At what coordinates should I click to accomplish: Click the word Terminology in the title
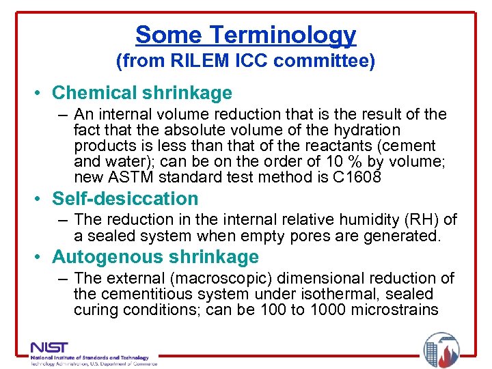(283, 35)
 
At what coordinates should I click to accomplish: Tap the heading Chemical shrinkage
(142, 93)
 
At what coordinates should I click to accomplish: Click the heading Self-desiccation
(125, 199)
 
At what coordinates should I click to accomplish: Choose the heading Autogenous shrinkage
(155, 257)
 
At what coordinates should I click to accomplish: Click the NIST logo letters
(50, 348)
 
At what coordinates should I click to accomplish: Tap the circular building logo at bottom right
(441, 350)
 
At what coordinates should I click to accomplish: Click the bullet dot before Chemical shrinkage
(42, 94)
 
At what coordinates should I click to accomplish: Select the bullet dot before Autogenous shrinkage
(42, 258)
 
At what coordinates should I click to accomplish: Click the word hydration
(366, 130)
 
